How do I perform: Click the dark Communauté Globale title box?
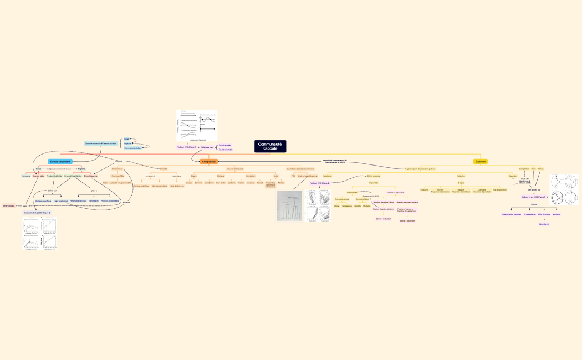coord(270,146)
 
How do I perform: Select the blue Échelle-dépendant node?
coord(60,162)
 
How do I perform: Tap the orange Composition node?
coord(209,162)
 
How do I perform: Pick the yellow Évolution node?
coord(481,162)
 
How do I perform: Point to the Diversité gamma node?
coord(91,176)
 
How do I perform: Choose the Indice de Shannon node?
coord(176,186)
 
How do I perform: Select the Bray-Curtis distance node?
coord(220,182)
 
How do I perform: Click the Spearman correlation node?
coord(251,182)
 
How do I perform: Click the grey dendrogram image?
coord(289,206)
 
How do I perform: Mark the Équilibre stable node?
coord(225,145)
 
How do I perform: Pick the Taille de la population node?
coord(395,192)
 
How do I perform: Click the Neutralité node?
coord(556,214)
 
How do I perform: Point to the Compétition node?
coord(524,168)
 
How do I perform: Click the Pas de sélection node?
coord(499,189)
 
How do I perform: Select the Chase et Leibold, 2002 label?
coord(37,213)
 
